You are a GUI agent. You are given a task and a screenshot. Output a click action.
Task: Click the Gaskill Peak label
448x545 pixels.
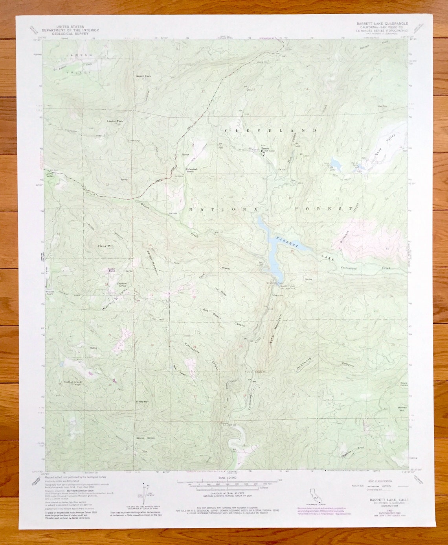143,76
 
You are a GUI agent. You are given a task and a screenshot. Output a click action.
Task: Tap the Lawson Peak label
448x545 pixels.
115,121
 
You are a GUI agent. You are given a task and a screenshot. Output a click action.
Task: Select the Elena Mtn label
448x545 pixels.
105,246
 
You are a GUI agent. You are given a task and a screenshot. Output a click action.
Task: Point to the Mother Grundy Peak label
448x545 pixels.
73,383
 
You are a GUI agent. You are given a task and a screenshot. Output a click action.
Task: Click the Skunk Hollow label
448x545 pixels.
145,438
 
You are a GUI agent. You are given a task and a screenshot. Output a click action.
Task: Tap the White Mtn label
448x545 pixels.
142,401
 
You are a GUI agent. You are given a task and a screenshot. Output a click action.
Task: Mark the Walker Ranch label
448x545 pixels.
112,270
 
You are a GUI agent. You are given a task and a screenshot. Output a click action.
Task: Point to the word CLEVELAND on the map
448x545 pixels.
271,130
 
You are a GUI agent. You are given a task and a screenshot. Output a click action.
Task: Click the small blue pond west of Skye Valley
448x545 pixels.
336,163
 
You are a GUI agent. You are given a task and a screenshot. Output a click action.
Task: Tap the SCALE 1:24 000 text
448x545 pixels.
224,478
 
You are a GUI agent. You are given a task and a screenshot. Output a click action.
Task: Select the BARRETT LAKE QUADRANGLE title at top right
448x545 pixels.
382,24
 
